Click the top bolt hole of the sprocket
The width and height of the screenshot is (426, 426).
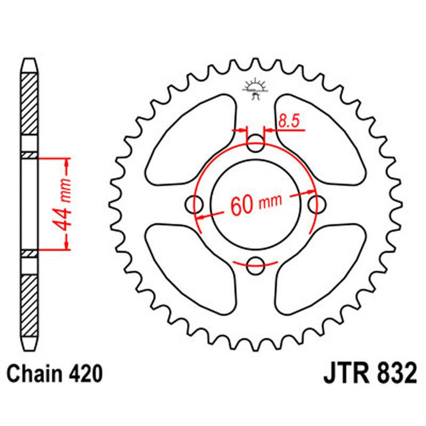256,143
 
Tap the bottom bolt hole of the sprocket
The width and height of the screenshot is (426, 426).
256,264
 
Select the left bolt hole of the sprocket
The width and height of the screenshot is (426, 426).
196,204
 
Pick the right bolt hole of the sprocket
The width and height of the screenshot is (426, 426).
317,204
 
